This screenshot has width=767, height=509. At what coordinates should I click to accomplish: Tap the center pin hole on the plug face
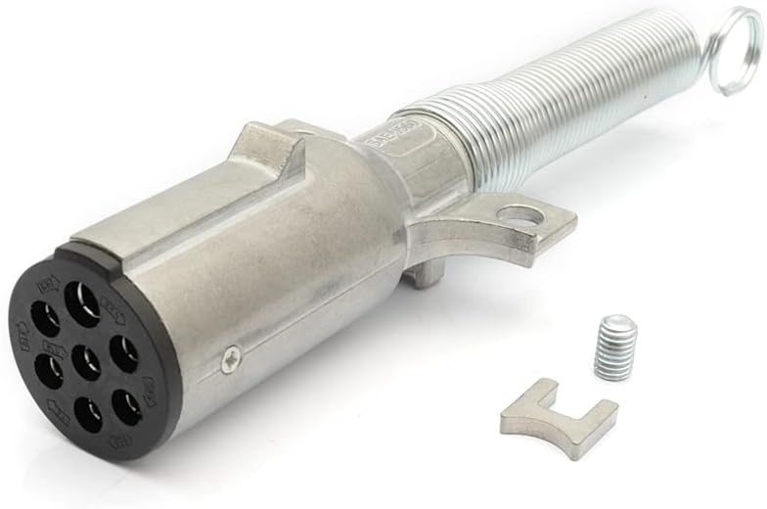coord(86,363)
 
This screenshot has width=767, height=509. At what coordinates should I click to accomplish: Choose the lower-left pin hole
coord(47,373)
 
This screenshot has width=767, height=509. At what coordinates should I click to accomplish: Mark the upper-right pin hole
coord(123,354)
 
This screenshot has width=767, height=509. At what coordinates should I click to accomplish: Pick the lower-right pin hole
coord(125,405)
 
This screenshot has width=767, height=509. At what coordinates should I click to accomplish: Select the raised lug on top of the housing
coord(265,147)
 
